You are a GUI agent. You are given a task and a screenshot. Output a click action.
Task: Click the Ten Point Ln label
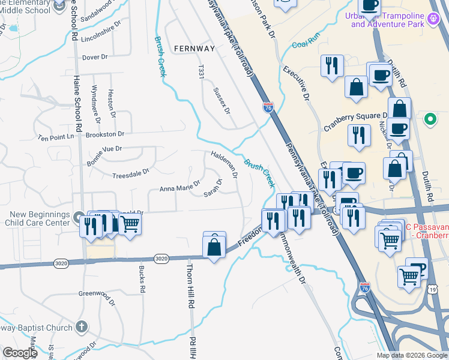[x=55, y=137]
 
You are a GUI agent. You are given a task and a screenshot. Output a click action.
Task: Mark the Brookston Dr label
[x=104, y=134]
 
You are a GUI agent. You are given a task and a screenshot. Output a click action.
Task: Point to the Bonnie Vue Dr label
[x=104, y=148]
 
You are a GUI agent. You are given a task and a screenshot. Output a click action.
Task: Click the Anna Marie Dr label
[x=179, y=188]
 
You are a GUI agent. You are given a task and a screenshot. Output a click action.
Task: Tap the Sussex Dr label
[x=221, y=100]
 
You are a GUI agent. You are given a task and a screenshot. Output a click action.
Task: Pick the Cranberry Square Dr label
[x=356, y=121]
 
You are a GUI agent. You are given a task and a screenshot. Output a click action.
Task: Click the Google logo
[x=20, y=353]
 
